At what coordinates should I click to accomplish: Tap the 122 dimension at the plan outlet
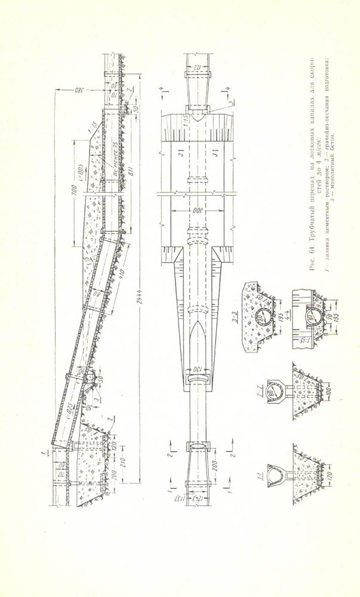195,65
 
